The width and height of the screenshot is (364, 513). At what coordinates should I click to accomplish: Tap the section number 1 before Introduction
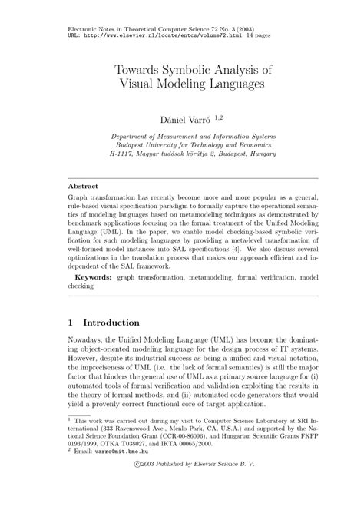coord(71,323)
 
